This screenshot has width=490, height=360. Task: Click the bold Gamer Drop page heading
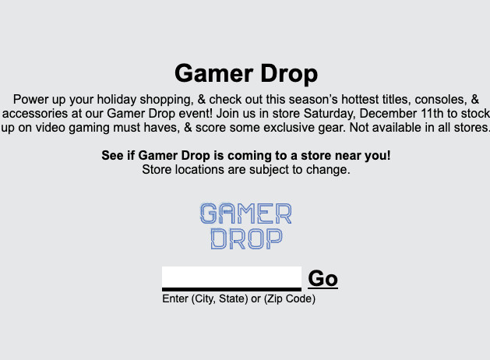coord(246,74)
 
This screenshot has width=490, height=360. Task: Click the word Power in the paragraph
coord(30,100)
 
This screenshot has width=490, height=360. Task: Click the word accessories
coord(35,114)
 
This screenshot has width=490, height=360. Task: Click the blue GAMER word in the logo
coord(246,214)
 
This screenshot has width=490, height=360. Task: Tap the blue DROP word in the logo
coord(247,238)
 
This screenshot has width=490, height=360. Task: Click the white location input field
coord(231,278)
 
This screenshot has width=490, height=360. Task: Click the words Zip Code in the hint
coord(290,299)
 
